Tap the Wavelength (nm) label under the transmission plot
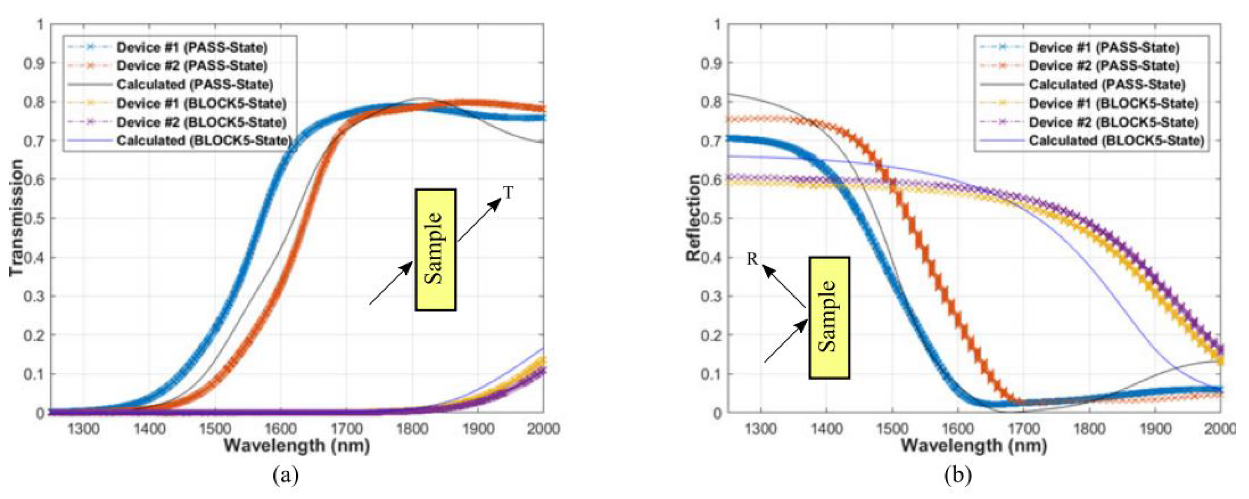point(297,445)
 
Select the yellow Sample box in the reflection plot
point(829,318)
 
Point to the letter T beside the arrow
point(508,193)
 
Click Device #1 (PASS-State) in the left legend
point(191,48)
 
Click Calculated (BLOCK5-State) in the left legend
point(203,141)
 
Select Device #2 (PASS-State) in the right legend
point(1103,66)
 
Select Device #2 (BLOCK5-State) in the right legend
point(1113,122)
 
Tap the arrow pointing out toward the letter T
point(478,219)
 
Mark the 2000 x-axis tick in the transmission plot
point(543,429)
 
